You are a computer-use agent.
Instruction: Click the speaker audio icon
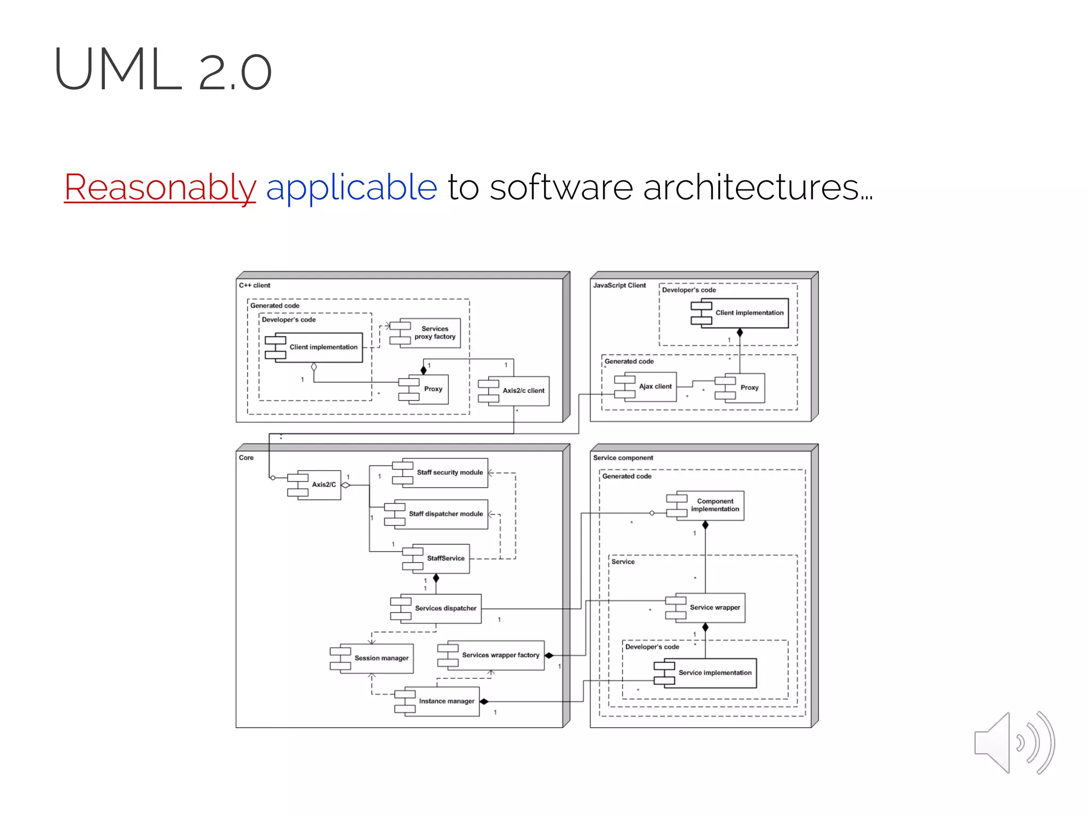coord(1013,743)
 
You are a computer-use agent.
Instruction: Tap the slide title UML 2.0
coord(163,70)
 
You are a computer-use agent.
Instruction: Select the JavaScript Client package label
coord(619,286)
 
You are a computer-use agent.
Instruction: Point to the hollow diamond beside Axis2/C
coord(346,485)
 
